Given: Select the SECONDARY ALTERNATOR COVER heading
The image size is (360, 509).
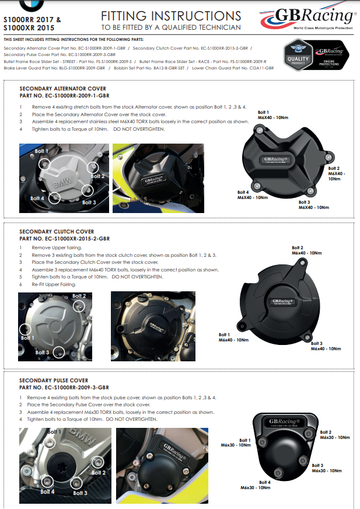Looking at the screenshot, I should click(x=63, y=88).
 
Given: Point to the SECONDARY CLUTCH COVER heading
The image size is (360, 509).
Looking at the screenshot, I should click(x=57, y=232).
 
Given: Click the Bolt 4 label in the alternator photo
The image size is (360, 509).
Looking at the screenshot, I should click(x=37, y=198).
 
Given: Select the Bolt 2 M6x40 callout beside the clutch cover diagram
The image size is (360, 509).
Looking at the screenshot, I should click(x=306, y=250).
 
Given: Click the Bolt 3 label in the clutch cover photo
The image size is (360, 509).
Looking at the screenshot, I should click(x=42, y=353).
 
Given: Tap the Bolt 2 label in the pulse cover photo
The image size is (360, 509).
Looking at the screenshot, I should click(x=99, y=473).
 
